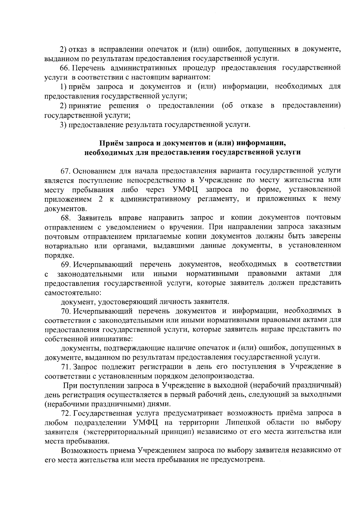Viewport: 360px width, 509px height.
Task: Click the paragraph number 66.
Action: [x=65, y=68]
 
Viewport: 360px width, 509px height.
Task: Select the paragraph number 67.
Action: [x=65, y=171]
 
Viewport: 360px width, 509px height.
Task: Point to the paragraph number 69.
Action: [x=65, y=264]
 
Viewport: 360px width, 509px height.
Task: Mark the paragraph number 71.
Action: [x=65, y=366]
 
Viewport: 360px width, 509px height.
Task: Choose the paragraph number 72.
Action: [x=65, y=413]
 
